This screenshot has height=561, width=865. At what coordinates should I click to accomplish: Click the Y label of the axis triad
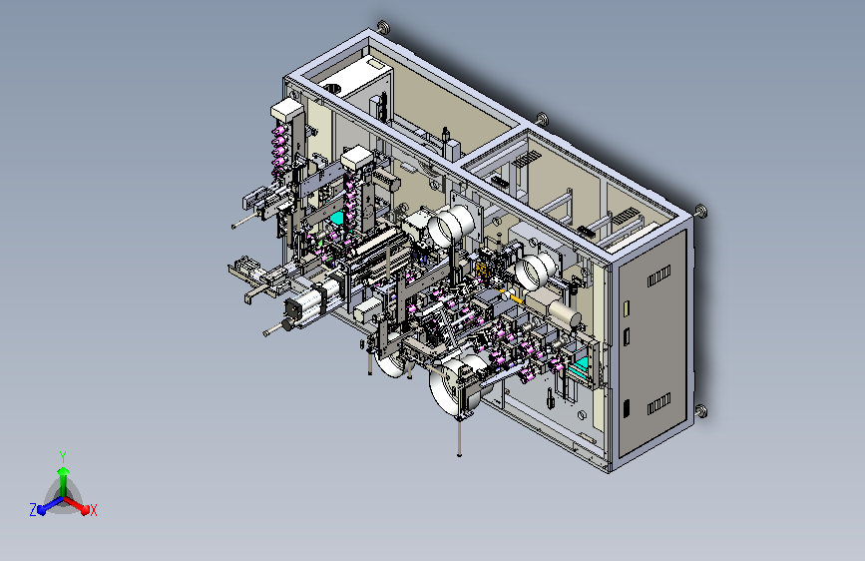[x=63, y=456]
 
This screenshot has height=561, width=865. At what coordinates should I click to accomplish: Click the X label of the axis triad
[x=93, y=511]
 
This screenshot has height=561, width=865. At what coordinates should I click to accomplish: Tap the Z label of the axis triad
[x=33, y=510]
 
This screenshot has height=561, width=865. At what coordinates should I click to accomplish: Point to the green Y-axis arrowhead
[x=64, y=471]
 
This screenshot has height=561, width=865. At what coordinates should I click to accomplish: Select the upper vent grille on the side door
[x=658, y=275]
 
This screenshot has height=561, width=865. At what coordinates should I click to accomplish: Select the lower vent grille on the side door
[x=658, y=404]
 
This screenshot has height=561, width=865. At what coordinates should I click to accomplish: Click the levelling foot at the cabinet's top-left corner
[x=383, y=26]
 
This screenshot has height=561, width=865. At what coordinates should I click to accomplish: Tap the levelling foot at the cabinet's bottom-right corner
[x=701, y=411]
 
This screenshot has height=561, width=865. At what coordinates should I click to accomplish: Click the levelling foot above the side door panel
[x=701, y=211]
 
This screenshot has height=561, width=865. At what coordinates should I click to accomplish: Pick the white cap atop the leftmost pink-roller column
[x=287, y=110]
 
